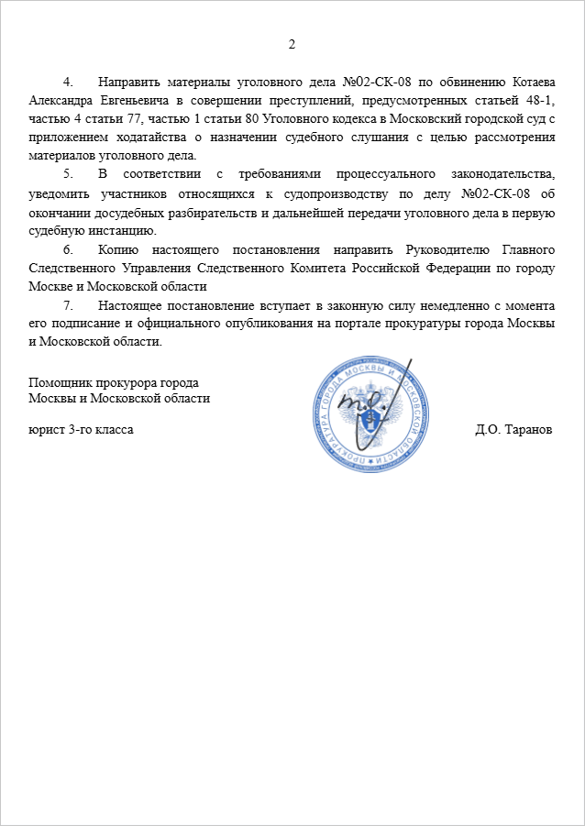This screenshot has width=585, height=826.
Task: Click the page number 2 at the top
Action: click(292, 44)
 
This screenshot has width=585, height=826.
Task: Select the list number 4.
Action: click(67, 80)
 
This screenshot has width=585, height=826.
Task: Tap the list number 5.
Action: click(67, 173)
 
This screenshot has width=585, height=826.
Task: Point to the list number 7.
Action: click(67, 304)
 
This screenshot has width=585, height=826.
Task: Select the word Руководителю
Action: click(443, 248)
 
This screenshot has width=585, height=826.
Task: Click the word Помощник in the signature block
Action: click(60, 380)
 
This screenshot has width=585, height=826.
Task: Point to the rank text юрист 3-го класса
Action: click(81, 429)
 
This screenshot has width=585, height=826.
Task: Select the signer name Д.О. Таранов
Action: click(514, 429)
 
